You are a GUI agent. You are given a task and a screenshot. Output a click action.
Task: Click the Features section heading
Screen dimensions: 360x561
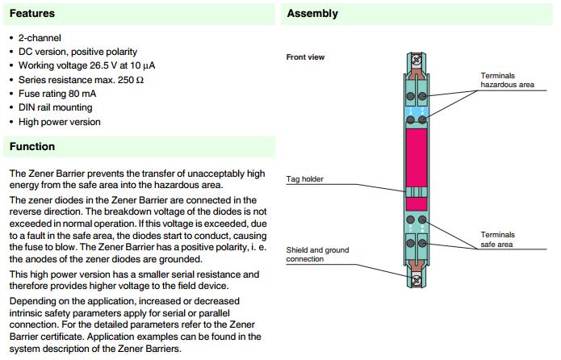click(31, 14)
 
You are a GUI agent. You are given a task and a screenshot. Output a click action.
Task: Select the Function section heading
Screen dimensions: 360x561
click(32, 147)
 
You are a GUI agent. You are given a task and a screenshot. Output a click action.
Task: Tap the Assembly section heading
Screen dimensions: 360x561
click(312, 14)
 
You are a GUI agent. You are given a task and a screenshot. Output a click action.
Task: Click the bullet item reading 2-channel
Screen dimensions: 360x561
click(40, 38)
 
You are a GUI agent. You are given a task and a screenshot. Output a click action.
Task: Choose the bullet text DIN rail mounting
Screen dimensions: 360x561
click(55, 107)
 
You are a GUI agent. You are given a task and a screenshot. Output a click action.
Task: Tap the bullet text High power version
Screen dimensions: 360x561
click(59, 122)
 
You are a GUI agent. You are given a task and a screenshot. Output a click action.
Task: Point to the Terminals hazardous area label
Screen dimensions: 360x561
click(507, 79)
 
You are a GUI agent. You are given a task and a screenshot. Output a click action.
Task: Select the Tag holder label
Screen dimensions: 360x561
click(305, 179)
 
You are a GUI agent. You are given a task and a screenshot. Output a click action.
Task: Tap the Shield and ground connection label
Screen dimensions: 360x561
click(317, 254)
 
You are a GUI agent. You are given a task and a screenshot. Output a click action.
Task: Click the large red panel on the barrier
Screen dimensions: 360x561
click(417, 157)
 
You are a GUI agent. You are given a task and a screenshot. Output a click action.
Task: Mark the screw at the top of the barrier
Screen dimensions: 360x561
click(417, 59)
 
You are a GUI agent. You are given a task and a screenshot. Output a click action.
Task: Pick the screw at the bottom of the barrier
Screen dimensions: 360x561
click(417, 281)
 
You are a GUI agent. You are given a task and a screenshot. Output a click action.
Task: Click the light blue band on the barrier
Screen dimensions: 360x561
click(417, 108)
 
